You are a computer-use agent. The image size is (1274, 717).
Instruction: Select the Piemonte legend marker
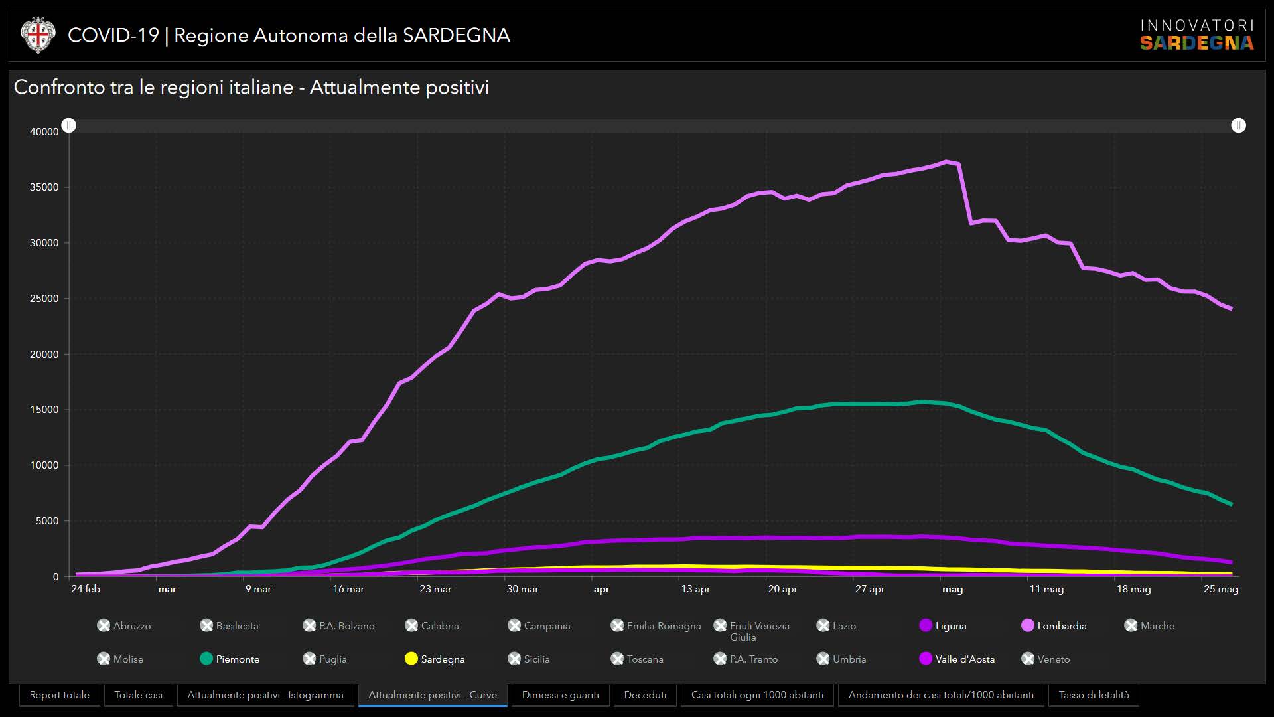[206, 659]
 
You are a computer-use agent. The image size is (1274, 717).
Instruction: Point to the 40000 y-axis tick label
[44, 132]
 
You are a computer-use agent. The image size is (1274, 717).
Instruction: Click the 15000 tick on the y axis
[44, 410]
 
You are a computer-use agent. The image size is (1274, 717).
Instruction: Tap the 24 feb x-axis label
[86, 589]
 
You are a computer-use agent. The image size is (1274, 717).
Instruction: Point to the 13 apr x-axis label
[695, 589]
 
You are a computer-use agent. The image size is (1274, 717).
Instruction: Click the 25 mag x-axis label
[1220, 589]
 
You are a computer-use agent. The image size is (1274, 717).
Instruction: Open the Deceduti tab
[645, 695]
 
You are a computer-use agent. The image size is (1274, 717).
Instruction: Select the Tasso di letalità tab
[1094, 695]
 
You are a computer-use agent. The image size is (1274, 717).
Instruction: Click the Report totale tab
[60, 695]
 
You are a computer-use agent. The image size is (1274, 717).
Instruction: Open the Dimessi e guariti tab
[560, 695]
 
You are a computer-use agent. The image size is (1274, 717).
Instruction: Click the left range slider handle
[69, 125]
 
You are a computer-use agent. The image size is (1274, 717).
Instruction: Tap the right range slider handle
[1238, 125]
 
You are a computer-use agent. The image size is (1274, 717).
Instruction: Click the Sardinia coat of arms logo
[38, 35]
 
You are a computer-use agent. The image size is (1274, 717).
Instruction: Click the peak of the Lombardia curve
[947, 161]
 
